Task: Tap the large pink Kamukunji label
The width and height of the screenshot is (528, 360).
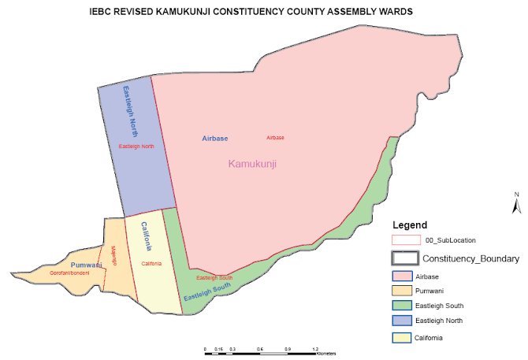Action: [253, 164]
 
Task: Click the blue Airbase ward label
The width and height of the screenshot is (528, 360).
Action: [214, 138]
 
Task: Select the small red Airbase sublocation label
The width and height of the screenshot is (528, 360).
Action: [275, 137]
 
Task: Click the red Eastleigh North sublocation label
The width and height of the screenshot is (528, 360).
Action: [136, 147]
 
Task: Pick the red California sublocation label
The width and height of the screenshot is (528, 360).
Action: [151, 264]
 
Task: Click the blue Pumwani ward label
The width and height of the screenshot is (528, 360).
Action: [87, 265]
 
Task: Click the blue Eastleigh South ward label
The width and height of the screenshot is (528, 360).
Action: [207, 293]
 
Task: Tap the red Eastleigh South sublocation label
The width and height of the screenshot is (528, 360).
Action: [214, 278]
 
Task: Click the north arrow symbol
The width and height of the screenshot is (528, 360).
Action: [515, 204]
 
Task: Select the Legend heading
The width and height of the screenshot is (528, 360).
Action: [410, 225]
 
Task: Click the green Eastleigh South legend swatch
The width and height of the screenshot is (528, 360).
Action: [403, 306]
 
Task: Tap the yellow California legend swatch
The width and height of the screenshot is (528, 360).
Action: [403, 338]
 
